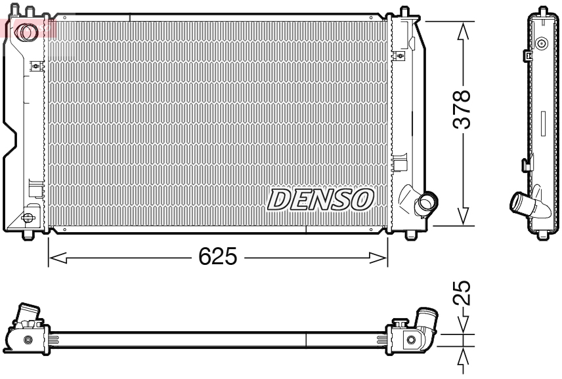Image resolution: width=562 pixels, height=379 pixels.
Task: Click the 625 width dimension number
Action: click(218, 257)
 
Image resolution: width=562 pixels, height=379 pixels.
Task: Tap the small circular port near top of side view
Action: click(542, 45)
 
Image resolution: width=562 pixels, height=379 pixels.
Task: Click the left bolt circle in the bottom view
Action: click(28, 340)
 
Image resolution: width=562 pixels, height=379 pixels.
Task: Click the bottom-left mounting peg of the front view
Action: click(28, 233)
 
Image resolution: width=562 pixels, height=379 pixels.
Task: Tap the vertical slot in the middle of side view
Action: click(543, 124)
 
